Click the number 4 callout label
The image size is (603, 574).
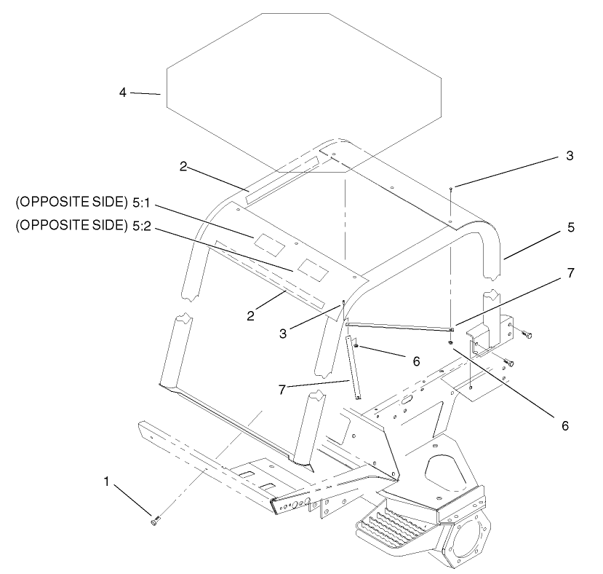pos(123,92)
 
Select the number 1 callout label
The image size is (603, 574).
pos(108,482)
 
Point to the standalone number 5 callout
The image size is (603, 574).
pos(571,227)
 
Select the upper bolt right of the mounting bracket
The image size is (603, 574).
pos(527,335)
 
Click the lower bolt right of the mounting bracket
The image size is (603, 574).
pos(508,362)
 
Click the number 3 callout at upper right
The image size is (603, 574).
pos(570,156)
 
